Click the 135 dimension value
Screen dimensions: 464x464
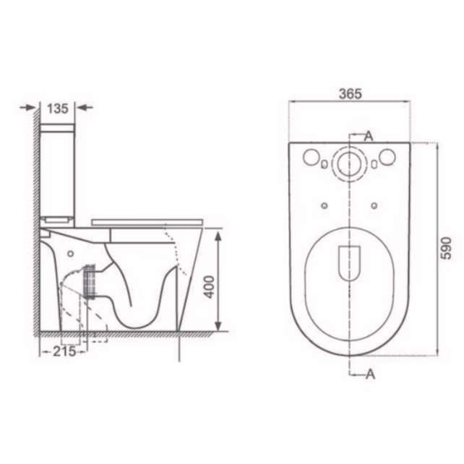[x=58, y=108]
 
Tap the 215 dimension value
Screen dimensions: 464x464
[x=64, y=352]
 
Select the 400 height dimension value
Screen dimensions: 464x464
[x=210, y=287]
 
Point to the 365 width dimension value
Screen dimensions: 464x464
[x=351, y=93]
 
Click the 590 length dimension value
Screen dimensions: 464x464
[x=446, y=248]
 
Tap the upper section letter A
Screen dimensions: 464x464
[x=369, y=137]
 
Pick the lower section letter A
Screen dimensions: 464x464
[x=370, y=374]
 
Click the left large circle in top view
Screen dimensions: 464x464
[x=311, y=157]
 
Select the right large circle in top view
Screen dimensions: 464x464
[x=387, y=157]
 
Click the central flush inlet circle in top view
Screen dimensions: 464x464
[x=350, y=163]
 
